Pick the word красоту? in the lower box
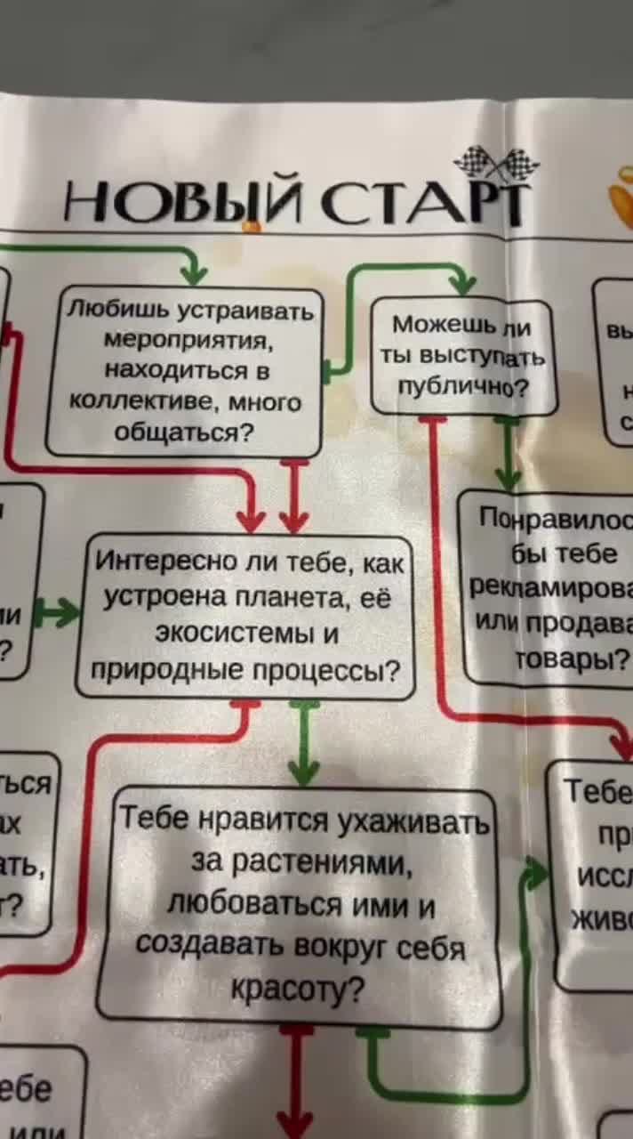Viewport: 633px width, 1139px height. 297,989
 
